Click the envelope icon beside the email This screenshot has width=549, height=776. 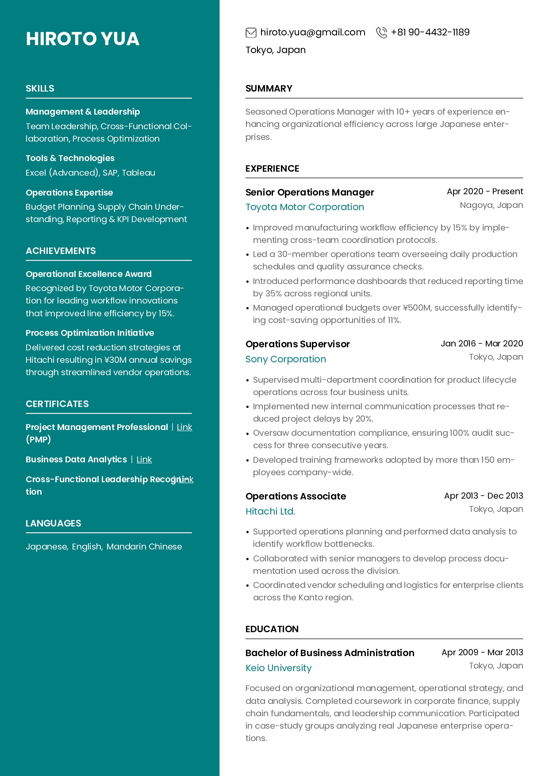(251, 32)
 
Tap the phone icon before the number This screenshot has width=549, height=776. (381, 32)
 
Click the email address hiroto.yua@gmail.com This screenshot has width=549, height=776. (312, 32)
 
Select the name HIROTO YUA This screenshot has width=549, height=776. (83, 39)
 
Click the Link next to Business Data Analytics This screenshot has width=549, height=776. (144, 460)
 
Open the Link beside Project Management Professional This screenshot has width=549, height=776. (184, 427)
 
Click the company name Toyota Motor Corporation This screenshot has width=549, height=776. (304, 207)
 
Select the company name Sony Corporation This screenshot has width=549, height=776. (285, 359)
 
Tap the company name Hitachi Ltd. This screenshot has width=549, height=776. (270, 511)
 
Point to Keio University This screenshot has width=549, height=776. (278, 668)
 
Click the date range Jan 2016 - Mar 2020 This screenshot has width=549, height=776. (481, 344)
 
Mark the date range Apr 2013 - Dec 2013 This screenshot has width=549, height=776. (483, 496)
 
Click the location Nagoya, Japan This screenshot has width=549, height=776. (491, 205)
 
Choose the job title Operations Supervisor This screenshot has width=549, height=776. (297, 344)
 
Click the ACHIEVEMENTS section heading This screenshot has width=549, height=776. (61, 251)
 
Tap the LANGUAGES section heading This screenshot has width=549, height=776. (53, 523)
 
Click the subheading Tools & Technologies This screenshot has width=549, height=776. (70, 158)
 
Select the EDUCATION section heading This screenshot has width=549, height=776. (272, 629)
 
